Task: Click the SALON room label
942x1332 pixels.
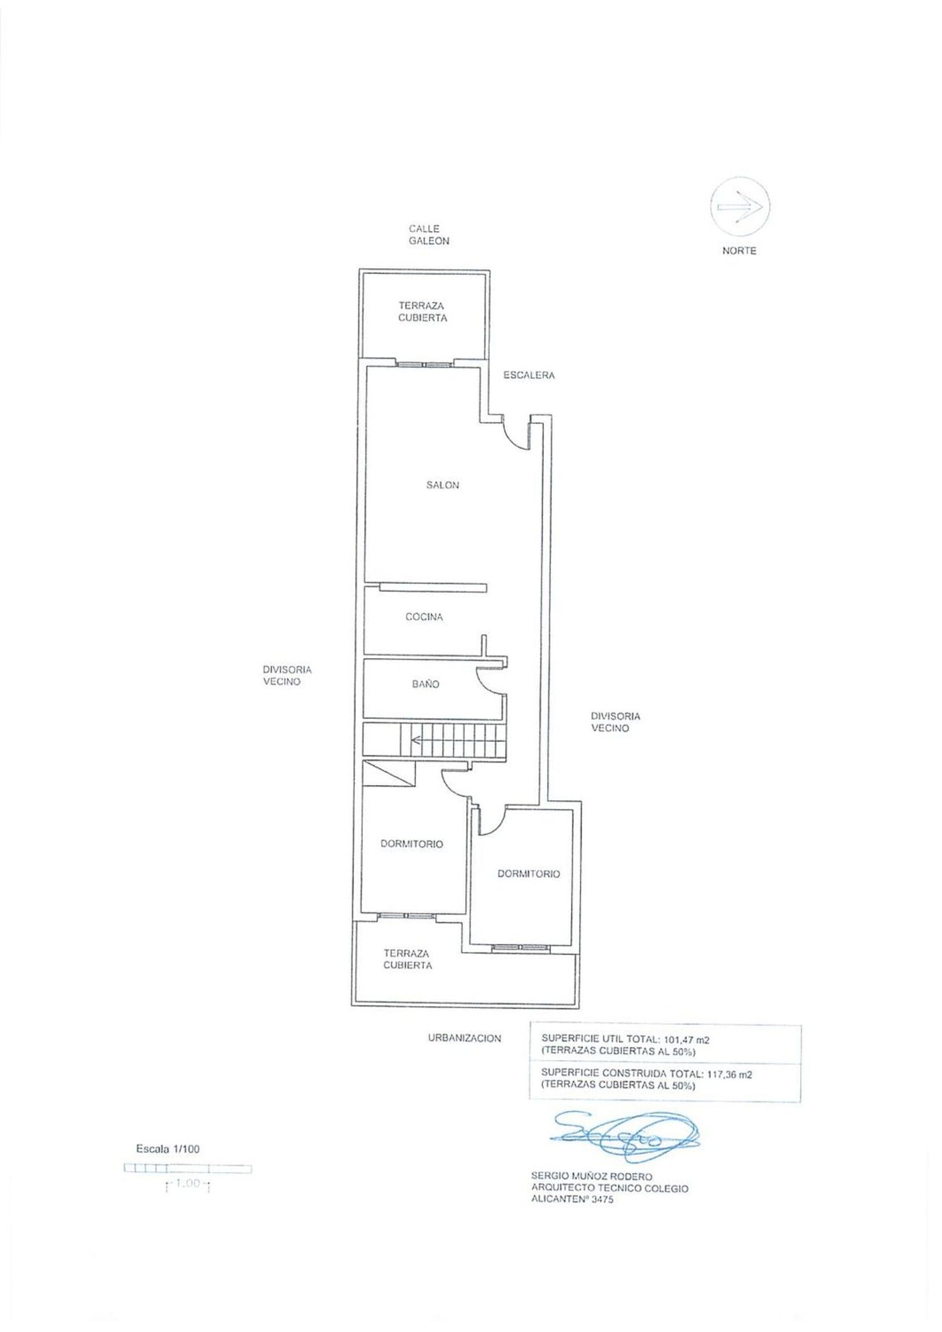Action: click(443, 485)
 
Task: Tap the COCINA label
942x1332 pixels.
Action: click(424, 617)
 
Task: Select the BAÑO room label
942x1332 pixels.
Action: click(425, 684)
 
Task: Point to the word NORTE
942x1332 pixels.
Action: click(739, 251)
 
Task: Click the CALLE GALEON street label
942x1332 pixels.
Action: click(428, 235)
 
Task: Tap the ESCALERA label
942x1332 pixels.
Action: click(529, 375)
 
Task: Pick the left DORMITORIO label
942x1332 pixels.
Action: click(411, 844)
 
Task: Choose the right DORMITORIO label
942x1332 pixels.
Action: click(528, 874)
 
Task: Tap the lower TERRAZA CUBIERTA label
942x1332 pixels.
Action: click(408, 959)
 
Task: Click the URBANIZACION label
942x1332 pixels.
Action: click(463, 1038)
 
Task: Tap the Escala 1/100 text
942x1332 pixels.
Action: click(168, 1149)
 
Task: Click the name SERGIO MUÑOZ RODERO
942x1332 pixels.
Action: click(592, 1176)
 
